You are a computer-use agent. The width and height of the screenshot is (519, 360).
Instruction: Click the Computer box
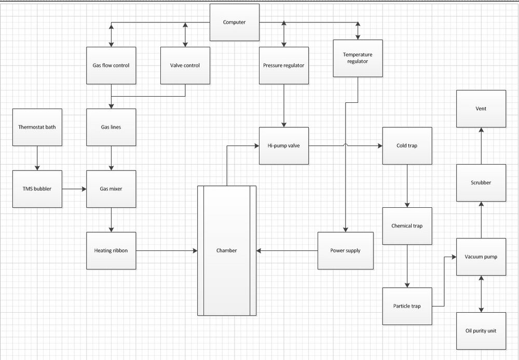pos(235,22)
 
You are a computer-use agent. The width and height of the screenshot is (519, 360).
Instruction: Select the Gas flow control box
pos(111,65)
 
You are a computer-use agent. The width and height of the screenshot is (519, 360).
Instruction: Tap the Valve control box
pos(185,65)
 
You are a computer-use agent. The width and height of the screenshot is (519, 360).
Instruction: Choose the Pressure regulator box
pos(284,65)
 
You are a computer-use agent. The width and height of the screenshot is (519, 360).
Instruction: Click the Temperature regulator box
pos(358,58)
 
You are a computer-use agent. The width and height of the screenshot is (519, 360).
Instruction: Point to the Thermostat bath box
pos(37,127)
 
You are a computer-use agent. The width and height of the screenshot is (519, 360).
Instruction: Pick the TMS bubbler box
pos(37,189)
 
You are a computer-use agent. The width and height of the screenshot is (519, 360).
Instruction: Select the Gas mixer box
pos(111,189)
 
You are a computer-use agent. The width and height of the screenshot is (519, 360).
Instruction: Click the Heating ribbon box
pos(111,251)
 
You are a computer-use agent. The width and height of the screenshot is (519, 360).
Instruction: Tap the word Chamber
pos(227,251)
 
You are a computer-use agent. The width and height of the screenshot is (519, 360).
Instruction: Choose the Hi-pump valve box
pos(284,146)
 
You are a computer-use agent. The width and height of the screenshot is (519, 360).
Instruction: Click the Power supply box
pos(346,251)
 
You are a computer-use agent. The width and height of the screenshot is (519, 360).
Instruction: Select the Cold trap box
pos(407,146)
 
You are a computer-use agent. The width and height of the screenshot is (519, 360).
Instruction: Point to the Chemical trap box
pos(407,226)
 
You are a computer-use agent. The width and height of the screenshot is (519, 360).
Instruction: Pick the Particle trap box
pos(407,306)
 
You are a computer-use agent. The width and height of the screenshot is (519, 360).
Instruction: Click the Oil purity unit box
pos(481,331)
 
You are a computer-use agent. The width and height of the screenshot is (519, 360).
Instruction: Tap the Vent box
pos(481,109)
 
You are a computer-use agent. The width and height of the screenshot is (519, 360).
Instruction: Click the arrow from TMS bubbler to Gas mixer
pos(74,189)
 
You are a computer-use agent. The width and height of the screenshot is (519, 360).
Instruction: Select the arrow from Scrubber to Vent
pos(481,146)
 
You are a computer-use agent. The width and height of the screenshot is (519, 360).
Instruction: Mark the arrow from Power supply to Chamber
pos(287,251)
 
